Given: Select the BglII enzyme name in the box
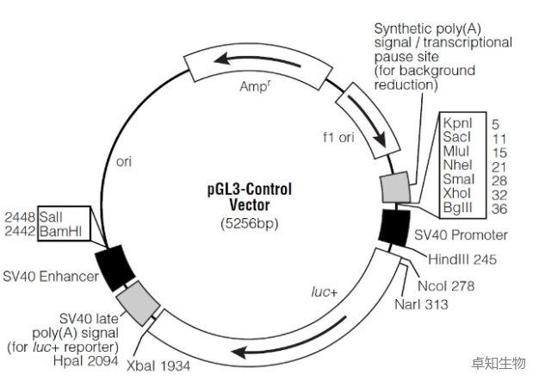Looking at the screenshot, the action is pyautogui.click(x=459, y=209).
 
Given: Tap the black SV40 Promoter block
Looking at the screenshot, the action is pyautogui.click(x=396, y=227).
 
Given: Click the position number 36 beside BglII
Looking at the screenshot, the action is pyautogui.click(x=500, y=209).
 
